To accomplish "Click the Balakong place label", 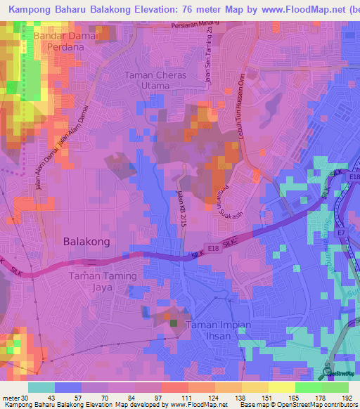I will tap(86, 241).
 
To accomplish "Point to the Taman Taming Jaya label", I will tap(103, 282).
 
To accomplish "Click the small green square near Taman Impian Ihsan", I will tap(173, 323).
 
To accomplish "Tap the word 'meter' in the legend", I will tap(11, 398).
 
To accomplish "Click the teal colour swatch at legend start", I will tap(41, 387).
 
